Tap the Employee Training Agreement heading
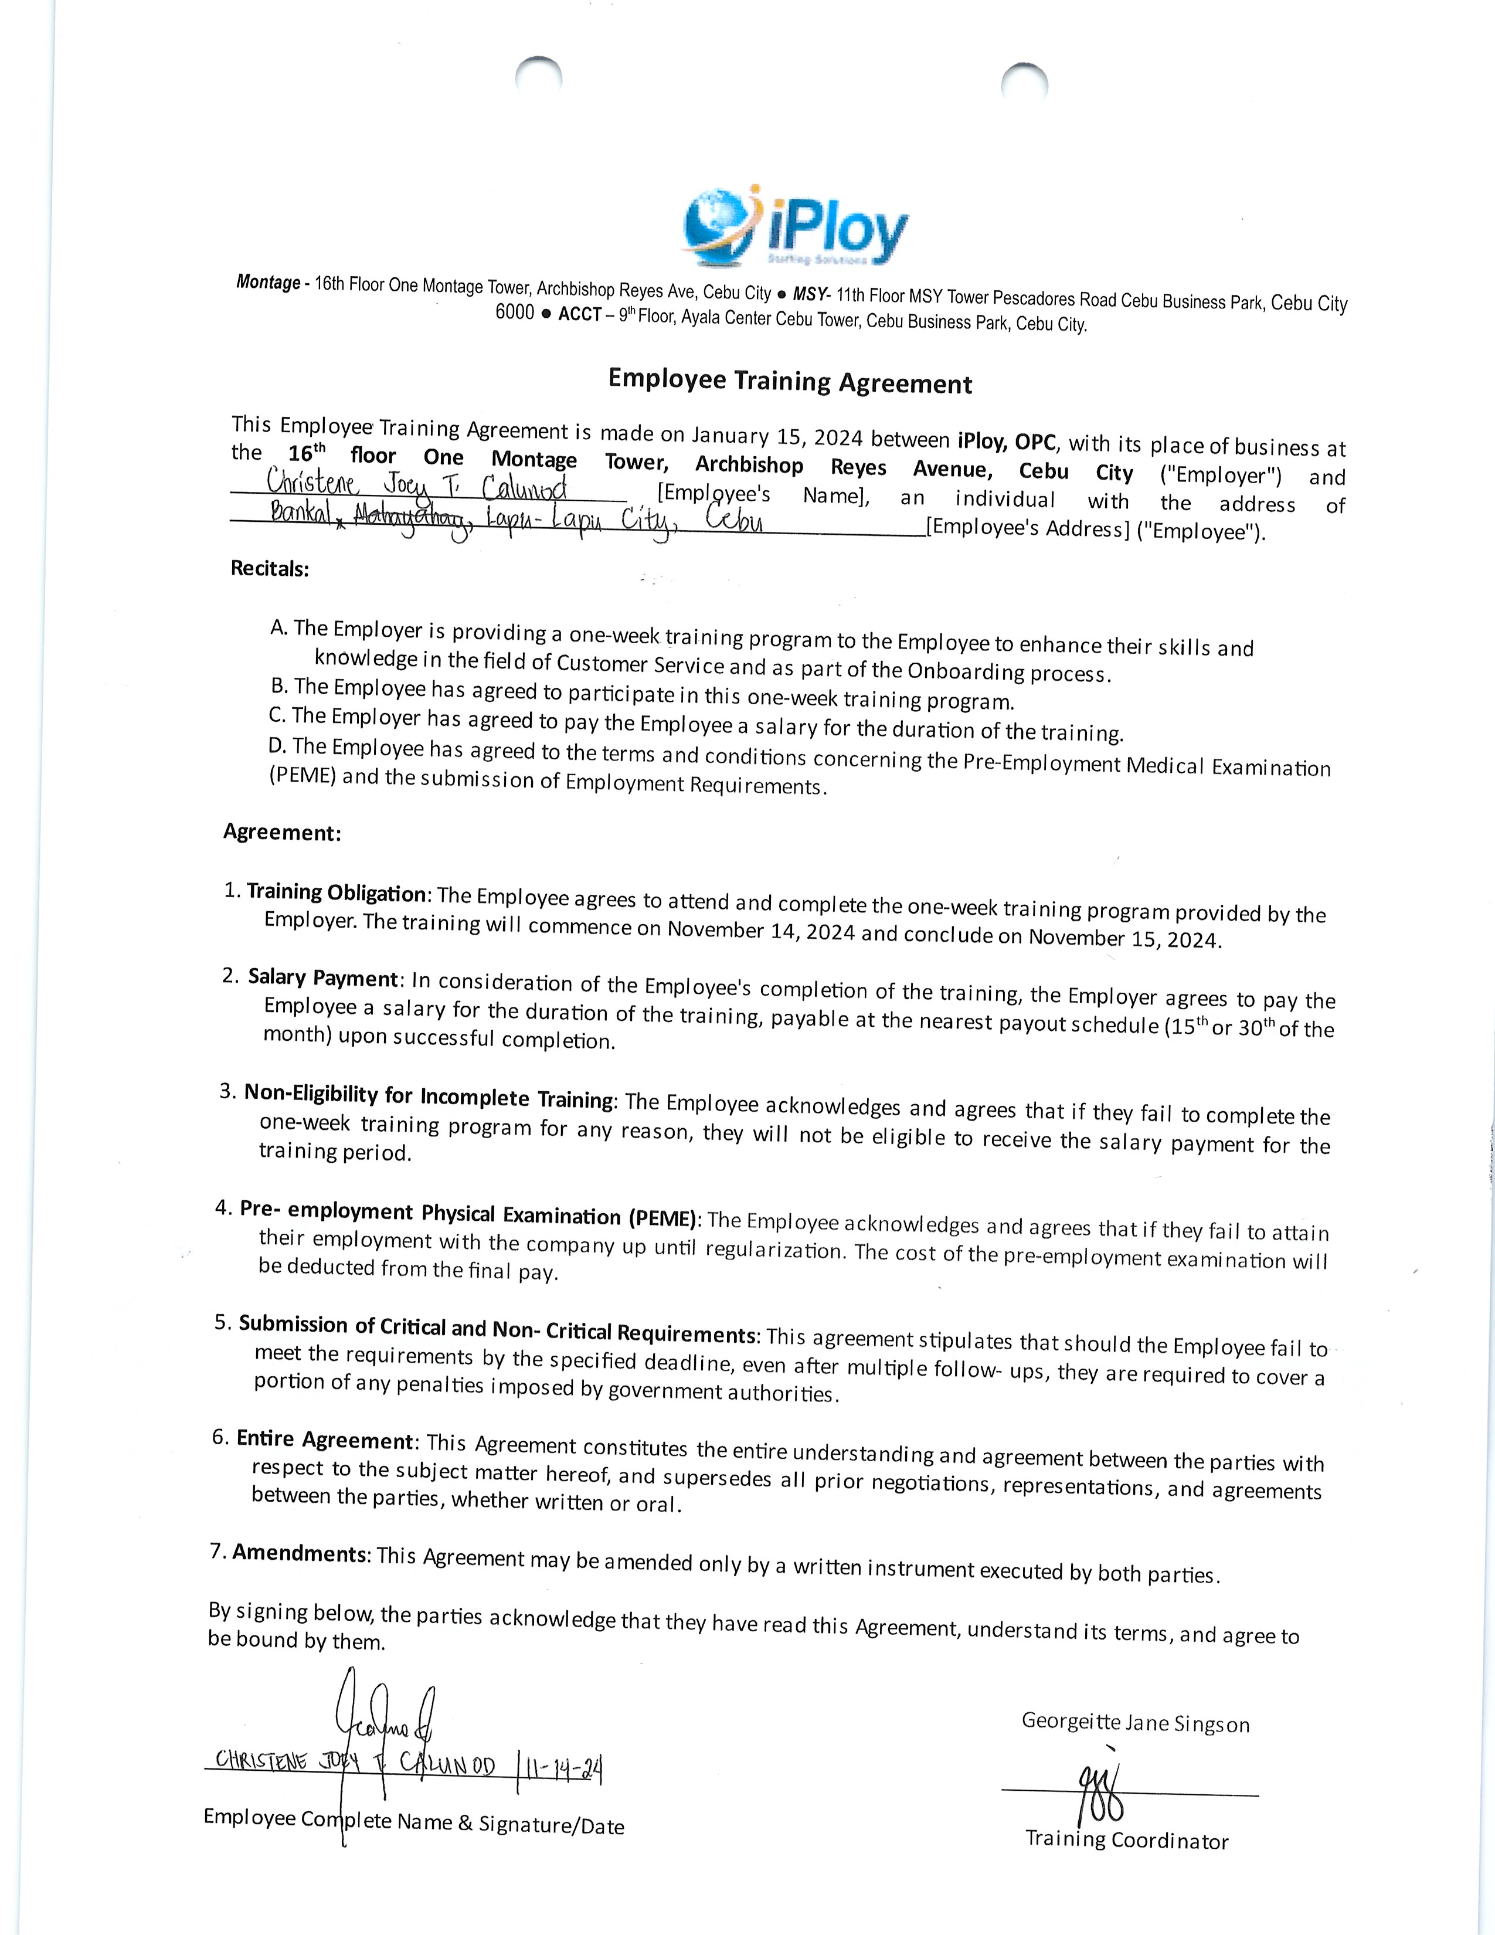pyautogui.click(x=790, y=382)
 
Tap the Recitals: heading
pyautogui.click(x=270, y=569)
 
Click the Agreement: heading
pyautogui.click(x=281, y=832)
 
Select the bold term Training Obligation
pyautogui.click(x=337, y=892)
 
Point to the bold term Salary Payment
pyautogui.click(x=323, y=978)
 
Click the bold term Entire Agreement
pyautogui.click(x=325, y=1440)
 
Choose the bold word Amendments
pyautogui.click(x=300, y=1553)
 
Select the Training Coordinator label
pyautogui.click(x=1127, y=1839)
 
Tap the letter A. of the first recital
pyautogui.click(x=279, y=628)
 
